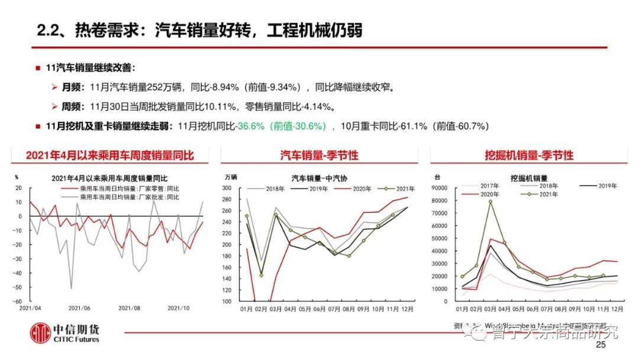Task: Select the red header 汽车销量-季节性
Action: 319,155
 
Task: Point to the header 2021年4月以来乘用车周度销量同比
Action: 109,155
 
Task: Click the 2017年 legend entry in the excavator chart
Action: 489,186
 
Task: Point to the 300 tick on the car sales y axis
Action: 226,188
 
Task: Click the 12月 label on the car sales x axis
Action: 406,308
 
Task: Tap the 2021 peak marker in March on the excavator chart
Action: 490,201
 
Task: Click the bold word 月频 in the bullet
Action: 73,87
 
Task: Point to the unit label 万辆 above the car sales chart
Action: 231,177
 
